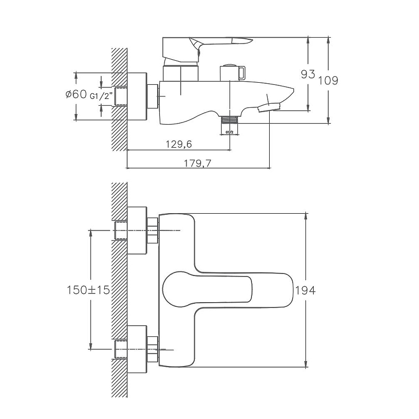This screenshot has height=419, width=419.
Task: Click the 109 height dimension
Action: coord(328,80)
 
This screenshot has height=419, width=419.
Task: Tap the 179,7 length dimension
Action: coord(198,163)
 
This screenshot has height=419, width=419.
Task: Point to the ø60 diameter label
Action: coord(76,95)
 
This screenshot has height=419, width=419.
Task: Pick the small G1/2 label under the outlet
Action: coord(229,133)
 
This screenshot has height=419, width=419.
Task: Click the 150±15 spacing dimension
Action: coord(88,290)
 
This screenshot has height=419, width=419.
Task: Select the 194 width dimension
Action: coord(306,290)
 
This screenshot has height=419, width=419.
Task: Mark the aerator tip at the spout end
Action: coord(270,107)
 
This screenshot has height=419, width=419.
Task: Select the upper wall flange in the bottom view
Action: coord(137,230)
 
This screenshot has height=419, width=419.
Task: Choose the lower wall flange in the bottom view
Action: coord(137,348)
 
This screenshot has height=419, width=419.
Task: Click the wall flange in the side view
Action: coord(137,96)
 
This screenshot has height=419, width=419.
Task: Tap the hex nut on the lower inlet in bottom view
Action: coord(153,348)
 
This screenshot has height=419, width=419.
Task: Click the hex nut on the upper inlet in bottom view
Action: coord(153,230)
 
